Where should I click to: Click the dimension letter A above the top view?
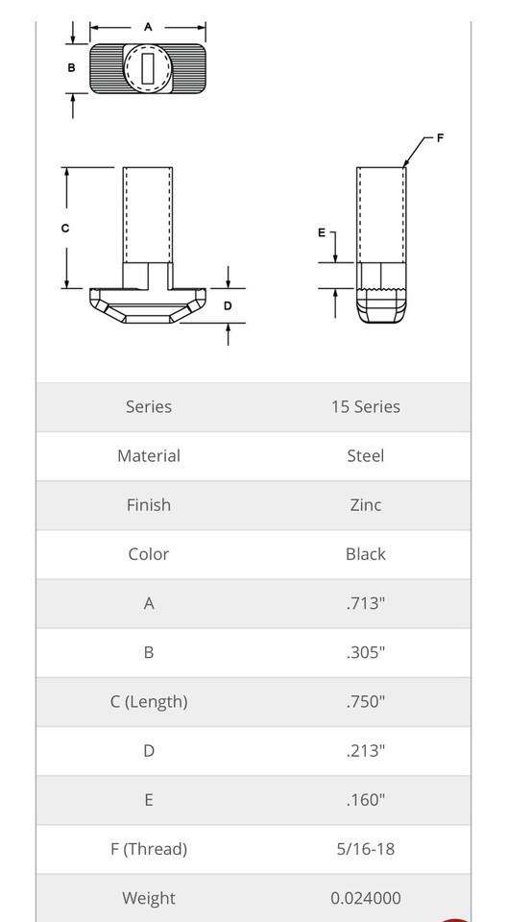pos(148,27)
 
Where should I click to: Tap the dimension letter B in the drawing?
pos(71,68)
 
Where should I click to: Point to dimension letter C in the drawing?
pos(64,228)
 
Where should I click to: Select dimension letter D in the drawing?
pos(228,305)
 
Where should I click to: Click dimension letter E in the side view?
pos(322,232)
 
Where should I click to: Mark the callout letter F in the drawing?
pos(440,138)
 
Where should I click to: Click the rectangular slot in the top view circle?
pos(148,68)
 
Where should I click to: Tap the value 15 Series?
pos(365,406)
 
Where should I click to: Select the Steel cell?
pos(365,455)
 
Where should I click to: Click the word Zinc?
pos(365,504)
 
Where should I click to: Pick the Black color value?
pos(365,554)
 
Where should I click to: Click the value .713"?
pos(365,603)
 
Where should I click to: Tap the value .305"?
pos(365,652)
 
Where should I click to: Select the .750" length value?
pos(365,701)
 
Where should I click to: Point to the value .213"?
pos(365,750)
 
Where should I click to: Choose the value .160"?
pos(365,799)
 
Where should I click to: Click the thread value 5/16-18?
pos(365,849)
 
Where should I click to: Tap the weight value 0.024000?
pos(365,898)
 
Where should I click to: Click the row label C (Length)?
pos(149,701)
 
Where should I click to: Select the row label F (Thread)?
pos(149,849)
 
